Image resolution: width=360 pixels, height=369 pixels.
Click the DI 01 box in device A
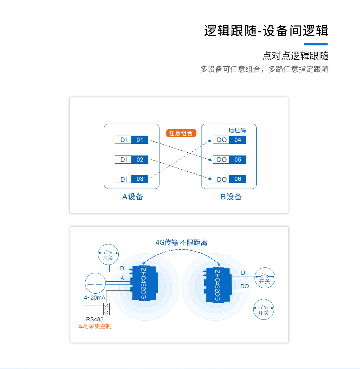131,140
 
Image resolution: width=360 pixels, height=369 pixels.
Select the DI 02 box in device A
131,160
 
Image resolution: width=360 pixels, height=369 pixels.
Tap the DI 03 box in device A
131,179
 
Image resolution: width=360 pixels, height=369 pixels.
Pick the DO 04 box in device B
229,140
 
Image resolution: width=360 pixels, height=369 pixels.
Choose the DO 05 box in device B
229,160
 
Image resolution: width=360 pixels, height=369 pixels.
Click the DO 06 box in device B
229,179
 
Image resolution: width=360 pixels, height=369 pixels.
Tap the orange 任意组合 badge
181,133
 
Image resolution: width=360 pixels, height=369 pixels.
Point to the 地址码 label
237,130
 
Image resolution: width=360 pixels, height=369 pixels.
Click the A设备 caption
133,197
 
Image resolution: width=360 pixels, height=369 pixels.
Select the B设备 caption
231,197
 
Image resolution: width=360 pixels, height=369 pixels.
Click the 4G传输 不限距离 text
181,243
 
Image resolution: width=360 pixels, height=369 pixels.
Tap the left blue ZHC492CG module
144,283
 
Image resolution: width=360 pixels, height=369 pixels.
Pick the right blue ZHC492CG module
218,285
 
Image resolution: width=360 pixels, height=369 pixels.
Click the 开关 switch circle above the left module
108,254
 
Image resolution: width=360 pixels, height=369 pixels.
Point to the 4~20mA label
94,297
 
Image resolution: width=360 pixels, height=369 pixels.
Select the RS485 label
95,319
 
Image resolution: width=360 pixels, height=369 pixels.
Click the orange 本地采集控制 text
94,326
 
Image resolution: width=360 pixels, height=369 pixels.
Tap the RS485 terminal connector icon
106,309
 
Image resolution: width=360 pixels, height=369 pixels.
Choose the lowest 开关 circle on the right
263,309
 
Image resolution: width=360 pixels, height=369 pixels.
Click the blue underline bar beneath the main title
316,44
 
